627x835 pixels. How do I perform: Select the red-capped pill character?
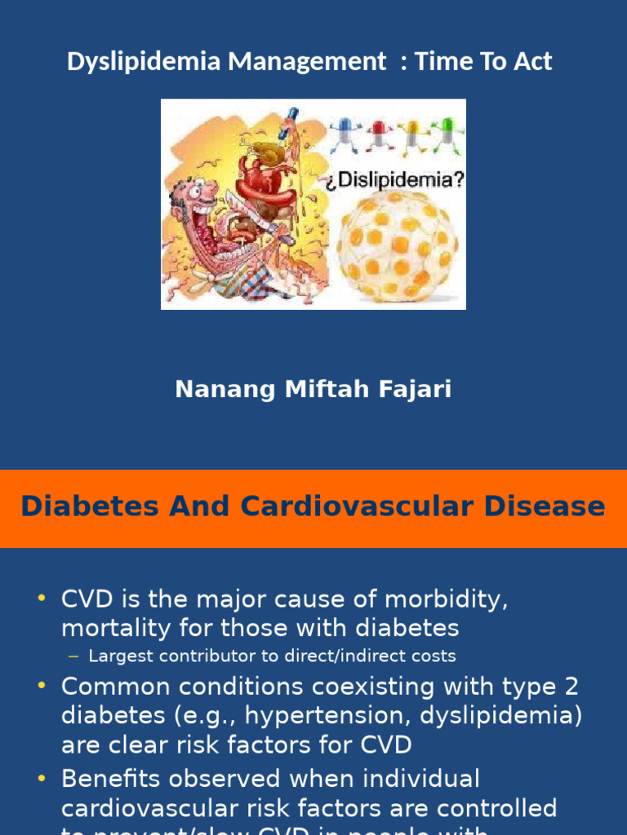(x=378, y=133)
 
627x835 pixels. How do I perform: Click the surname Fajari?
(x=416, y=390)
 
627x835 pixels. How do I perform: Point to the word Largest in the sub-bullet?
(x=119, y=656)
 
